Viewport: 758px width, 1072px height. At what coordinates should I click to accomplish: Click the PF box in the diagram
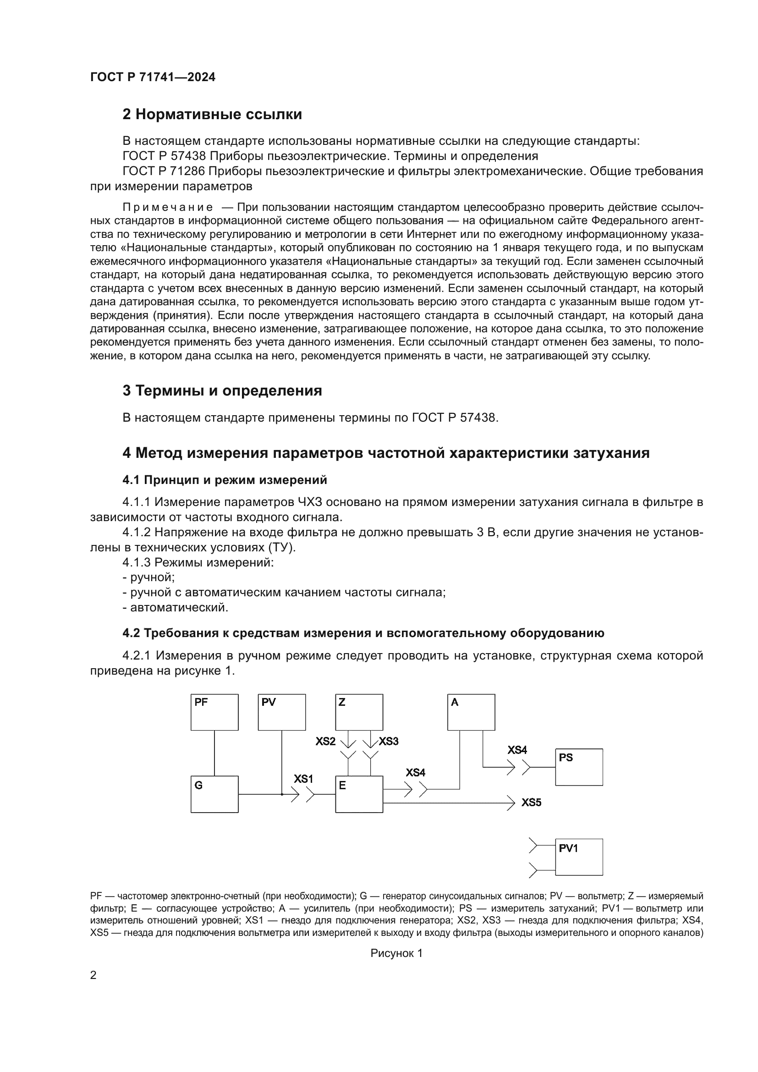pos(214,712)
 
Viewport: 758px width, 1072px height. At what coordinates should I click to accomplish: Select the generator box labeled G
pos(214,794)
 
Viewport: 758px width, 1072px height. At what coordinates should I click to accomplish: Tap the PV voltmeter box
pos(282,712)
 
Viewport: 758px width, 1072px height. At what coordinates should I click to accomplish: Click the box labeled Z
pos(359,712)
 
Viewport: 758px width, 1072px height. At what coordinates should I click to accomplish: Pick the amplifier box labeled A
pos(471,712)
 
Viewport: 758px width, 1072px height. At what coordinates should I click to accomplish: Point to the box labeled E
pos(359,794)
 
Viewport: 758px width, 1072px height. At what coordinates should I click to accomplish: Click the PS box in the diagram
pos(579,767)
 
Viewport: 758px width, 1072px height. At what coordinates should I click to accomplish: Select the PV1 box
pos(579,857)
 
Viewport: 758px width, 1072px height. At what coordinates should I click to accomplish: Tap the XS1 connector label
pos(303,779)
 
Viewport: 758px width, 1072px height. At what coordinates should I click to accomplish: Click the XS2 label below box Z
pos(325,741)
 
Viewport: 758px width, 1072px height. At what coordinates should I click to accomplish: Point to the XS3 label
pos(388,741)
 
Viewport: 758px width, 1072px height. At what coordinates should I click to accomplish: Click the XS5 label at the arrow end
pos(531,803)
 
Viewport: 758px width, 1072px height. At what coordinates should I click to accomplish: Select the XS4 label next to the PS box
pos(517,750)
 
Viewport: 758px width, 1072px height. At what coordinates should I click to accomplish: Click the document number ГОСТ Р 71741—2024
pos(153,77)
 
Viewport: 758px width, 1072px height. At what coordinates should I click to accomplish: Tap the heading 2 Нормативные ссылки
pos(212,115)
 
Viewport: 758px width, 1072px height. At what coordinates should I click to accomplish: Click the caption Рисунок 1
pos(396,953)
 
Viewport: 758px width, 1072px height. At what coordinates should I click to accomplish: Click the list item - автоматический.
pos(176,607)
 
